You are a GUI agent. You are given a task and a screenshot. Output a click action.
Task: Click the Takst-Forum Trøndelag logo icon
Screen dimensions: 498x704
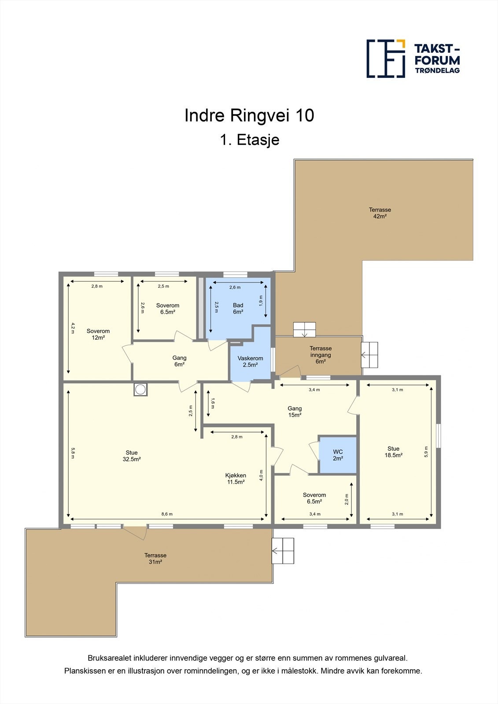[x=386, y=59]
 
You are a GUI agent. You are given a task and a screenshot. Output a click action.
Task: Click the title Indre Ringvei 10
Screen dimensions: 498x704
[x=249, y=115]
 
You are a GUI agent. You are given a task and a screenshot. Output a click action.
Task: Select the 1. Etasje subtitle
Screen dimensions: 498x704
[x=250, y=140]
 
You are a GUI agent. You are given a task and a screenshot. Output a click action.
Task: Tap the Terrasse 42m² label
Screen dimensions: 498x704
[x=380, y=213]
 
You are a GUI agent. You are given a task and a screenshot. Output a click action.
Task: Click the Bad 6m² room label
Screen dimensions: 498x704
[x=238, y=308]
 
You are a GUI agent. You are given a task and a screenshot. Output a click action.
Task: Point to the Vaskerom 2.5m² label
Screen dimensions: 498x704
[x=250, y=361]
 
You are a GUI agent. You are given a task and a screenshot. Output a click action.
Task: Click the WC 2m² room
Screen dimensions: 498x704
[x=338, y=455]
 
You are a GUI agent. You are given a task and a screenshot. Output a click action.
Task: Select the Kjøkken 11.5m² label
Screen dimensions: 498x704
[x=236, y=479]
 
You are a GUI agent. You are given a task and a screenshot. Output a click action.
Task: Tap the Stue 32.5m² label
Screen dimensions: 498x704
[x=132, y=456]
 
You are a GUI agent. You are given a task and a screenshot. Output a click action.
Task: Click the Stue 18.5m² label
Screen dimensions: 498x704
[x=393, y=451]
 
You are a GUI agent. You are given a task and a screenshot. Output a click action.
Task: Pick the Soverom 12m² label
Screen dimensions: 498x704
[x=98, y=334]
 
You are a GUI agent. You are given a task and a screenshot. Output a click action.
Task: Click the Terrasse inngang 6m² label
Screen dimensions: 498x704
[x=321, y=355]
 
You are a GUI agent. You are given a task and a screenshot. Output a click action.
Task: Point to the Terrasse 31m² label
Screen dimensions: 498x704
[x=155, y=558]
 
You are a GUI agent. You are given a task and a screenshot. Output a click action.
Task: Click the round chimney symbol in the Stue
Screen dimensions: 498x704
[x=140, y=390]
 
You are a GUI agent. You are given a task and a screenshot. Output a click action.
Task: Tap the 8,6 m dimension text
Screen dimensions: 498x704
[x=167, y=514]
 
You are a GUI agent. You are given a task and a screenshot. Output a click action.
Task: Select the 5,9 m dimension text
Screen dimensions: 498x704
[x=426, y=451]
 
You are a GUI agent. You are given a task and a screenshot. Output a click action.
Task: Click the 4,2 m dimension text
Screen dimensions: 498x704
[x=73, y=328]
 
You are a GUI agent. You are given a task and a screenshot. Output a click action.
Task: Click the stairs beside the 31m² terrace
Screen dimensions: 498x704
[x=283, y=550]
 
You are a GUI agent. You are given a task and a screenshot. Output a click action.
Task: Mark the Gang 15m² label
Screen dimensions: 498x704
[x=295, y=411]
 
